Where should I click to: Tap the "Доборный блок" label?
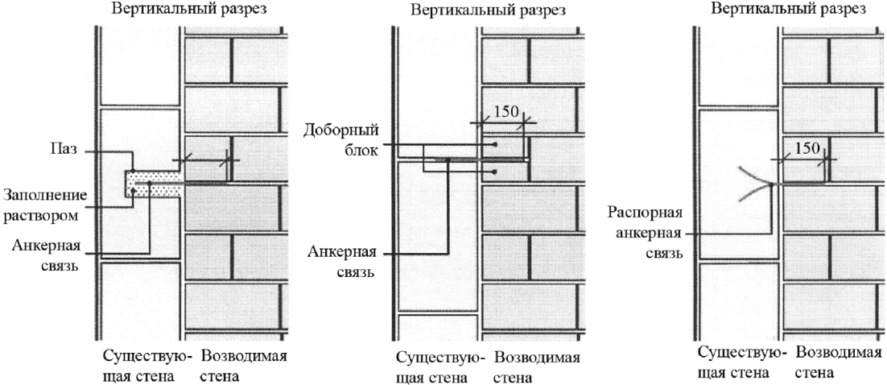[340, 142]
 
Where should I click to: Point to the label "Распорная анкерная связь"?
[646, 234]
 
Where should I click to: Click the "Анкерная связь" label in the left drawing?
[47, 255]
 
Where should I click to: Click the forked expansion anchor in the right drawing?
[757, 184]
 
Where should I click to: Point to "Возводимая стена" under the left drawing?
[245, 366]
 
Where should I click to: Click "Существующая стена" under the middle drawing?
[441, 367]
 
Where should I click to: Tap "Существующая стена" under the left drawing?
[148, 366]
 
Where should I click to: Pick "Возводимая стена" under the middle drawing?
[538, 367]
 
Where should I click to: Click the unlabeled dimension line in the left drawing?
[206, 160]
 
